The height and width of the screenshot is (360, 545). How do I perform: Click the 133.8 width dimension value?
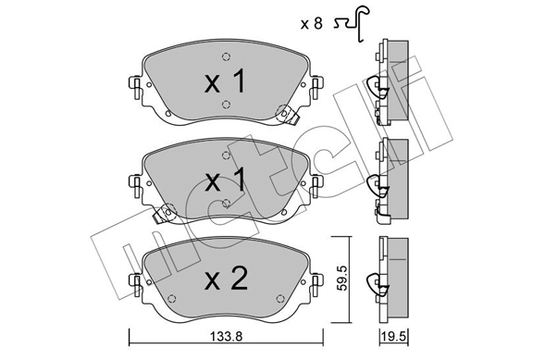point(227,337)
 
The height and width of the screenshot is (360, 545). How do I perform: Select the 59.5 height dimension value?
point(344,279)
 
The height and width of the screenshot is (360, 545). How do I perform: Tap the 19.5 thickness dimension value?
point(394,337)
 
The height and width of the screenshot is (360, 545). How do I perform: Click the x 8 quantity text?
point(312,24)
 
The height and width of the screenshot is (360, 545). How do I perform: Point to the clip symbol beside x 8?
point(353,24)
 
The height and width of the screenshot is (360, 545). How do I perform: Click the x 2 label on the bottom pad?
point(226,279)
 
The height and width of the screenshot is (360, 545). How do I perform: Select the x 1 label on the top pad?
point(226,81)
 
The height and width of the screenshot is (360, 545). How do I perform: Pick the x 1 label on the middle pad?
point(226,180)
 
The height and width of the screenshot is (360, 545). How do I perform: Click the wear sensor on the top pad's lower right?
point(287,115)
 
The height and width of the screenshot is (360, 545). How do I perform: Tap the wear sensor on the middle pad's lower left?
point(165,213)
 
